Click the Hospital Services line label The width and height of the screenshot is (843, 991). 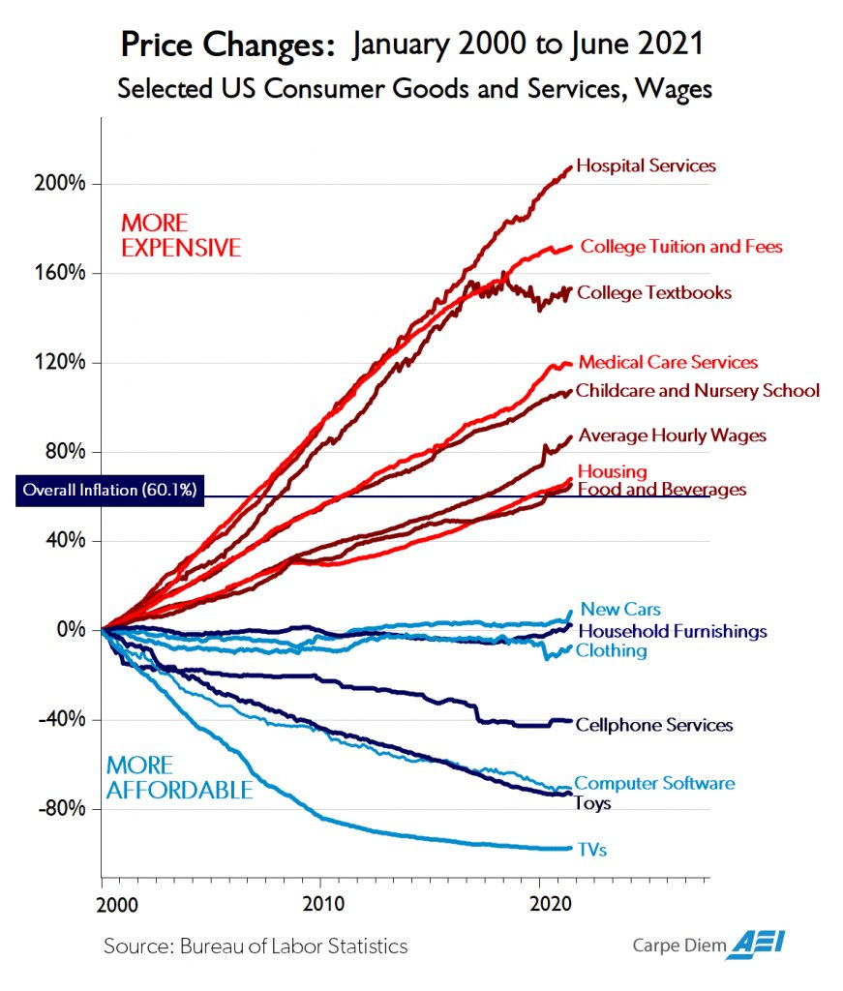click(646, 165)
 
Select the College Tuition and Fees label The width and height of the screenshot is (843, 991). click(680, 247)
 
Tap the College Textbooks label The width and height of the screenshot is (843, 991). click(654, 292)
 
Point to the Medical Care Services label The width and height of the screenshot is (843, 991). click(668, 362)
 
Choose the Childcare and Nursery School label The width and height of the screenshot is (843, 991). click(697, 391)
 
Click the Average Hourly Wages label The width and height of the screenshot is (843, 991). click(672, 435)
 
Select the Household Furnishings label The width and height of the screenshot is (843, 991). click(671, 631)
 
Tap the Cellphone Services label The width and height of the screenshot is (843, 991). click(653, 725)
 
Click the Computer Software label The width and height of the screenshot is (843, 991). click(654, 783)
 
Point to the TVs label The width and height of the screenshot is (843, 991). click(591, 849)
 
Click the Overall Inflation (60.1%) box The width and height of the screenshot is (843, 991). click(109, 490)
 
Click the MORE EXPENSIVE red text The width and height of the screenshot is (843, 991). click(180, 235)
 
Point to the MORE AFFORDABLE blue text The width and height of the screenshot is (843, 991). click(179, 778)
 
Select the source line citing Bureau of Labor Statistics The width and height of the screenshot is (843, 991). click(256, 946)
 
